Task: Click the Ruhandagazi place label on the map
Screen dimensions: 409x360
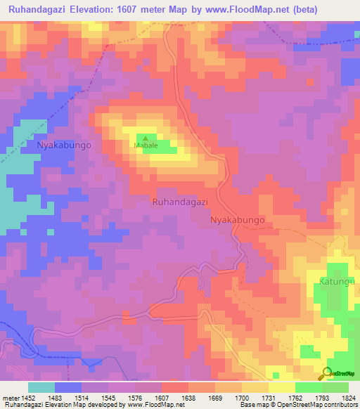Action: pyautogui.click(x=180, y=202)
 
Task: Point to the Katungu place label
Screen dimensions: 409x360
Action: pyautogui.click(x=340, y=281)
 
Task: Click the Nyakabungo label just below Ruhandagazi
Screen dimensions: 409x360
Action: pyautogui.click(x=238, y=220)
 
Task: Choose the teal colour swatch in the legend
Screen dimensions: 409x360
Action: pyautogui.click(x=41, y=387)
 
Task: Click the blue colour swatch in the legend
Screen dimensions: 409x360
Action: pyautogui.click(x=68, y=387)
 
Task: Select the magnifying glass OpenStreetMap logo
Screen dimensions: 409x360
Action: pyautogui.click(x=326, y=373)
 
